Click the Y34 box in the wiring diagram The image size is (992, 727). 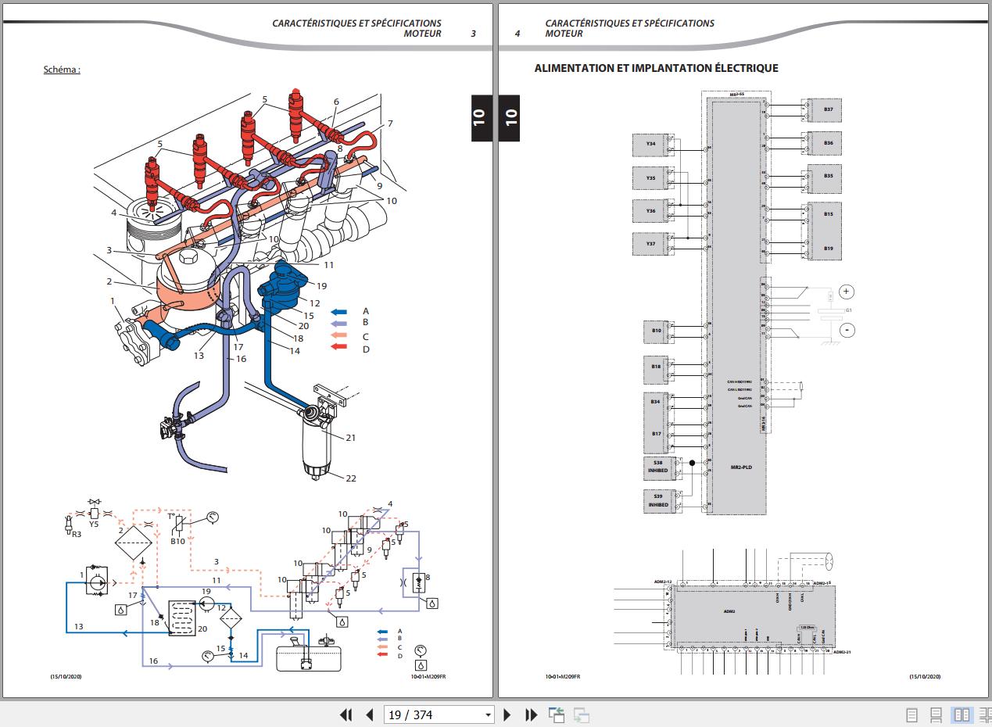click(650, 145)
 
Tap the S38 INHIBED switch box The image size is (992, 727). click(658, 467)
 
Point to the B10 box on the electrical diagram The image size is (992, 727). click(657, 331)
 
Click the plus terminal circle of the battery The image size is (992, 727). click(847, 292)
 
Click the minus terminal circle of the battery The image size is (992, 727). click(847, 330)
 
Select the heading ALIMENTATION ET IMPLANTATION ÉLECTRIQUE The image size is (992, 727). click(656, 68)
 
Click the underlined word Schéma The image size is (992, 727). click(61, 70)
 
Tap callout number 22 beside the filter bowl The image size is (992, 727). click(351, 478)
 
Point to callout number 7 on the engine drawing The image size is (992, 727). click(389, 124)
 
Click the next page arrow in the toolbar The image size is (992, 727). click(507, 714)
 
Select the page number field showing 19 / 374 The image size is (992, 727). click(439, 714)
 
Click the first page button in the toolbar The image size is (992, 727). click(346, 714)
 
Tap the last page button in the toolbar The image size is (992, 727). click(531, 714)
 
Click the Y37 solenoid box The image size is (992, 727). click(650, 244)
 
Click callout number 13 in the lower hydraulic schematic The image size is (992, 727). click(78, 627)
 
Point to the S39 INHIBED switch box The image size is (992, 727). click(658, 500)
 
